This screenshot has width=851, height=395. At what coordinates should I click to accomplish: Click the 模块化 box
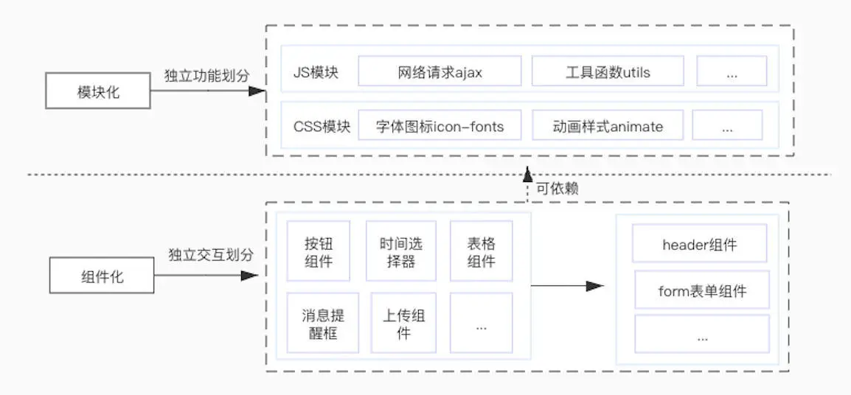pos(97,92)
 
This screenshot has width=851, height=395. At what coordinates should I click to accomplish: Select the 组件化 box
pos(102,277)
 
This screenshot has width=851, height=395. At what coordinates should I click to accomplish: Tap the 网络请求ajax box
pos(440,71)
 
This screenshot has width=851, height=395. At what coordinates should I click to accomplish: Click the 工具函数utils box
pos(608,71)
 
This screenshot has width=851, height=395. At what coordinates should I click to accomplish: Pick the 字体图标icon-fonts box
pos(440,126)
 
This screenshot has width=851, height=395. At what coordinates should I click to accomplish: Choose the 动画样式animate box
pos(608,126)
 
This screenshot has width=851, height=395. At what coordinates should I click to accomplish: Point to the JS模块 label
pos(316,72)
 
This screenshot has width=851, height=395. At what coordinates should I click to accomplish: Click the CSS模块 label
pos(322,126)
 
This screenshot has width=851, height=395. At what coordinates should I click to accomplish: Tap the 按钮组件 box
pos(319,251)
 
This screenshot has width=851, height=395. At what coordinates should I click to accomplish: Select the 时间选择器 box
pos(400,251)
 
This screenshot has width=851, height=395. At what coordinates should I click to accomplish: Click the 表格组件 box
pos(481,251)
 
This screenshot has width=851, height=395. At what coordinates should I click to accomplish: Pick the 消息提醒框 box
pos(322,324)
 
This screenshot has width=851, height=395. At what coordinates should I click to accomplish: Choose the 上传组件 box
pos(403,324)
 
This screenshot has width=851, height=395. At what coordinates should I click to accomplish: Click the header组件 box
pos(698,245)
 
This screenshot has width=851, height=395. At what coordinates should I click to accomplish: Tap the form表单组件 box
pos(701,290)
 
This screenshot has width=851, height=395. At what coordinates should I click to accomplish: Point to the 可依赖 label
pos(558,189)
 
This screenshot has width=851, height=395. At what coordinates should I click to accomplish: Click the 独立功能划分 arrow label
pos(207,75)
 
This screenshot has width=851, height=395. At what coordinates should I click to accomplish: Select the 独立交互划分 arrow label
pos(211,255)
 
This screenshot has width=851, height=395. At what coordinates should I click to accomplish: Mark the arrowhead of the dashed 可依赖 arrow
pos(527,174)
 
